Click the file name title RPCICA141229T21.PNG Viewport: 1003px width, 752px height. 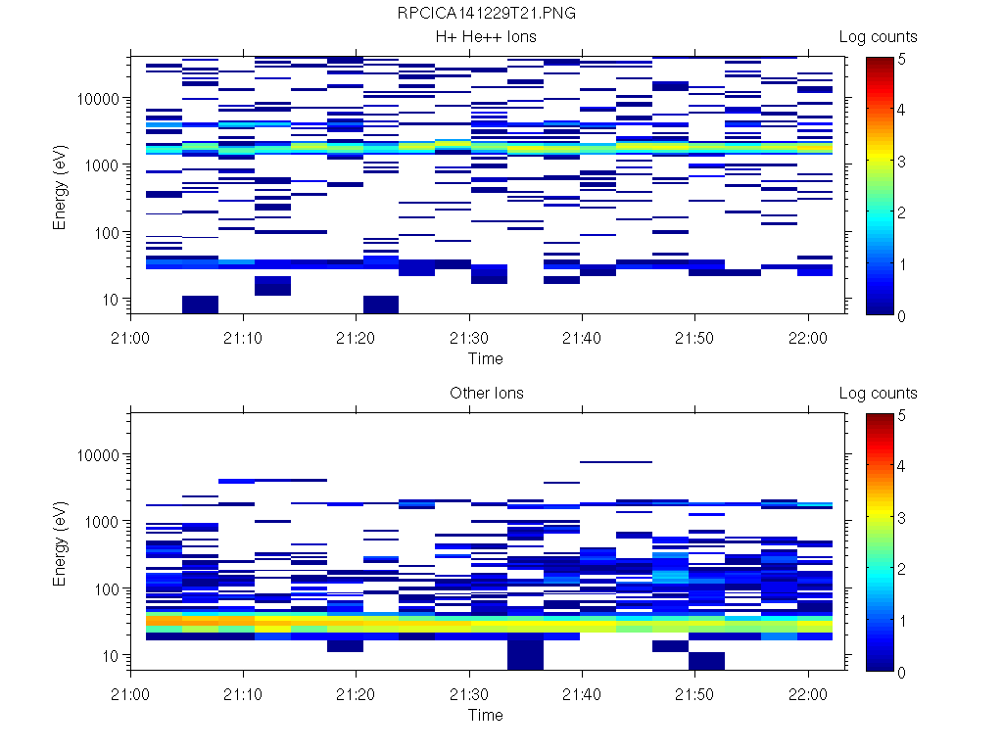486,15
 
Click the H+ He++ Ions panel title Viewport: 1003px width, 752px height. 486,37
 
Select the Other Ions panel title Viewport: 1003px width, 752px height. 486,394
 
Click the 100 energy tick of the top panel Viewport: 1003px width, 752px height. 106,233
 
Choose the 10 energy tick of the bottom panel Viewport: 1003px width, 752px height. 110,655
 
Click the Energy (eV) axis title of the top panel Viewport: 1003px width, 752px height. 61,186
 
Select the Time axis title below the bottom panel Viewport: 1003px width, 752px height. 486,715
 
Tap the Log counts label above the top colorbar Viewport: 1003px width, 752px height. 878,37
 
